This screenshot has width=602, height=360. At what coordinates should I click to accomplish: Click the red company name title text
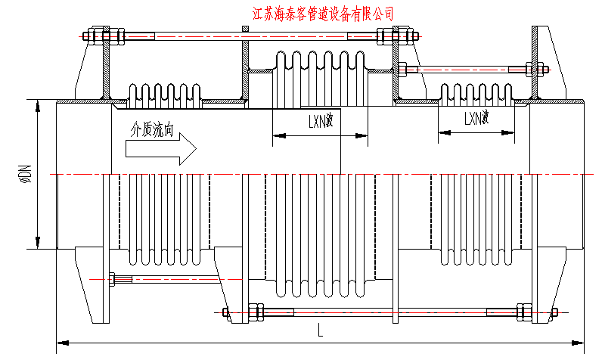322,13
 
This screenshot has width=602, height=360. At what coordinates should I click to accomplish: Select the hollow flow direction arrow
160,150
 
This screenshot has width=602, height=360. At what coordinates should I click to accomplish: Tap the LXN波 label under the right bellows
476,117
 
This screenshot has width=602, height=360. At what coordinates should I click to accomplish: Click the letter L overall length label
320,330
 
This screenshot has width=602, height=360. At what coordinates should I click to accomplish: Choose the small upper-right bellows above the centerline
476,93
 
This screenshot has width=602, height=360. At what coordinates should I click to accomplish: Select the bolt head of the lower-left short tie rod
113,279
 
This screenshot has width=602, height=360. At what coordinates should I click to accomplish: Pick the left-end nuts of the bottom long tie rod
254,311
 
